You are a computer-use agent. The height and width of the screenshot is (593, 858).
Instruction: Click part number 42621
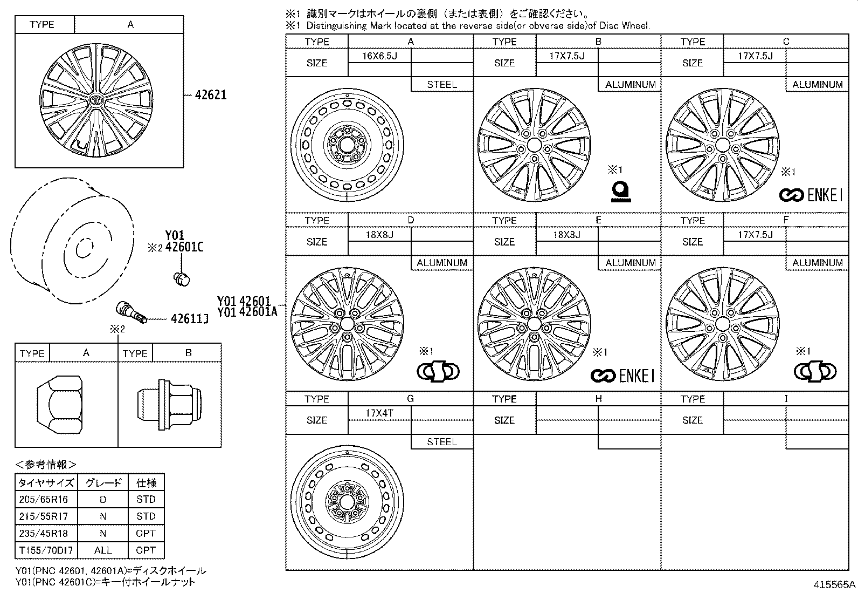211,95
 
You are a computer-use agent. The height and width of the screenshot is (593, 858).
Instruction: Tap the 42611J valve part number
190,319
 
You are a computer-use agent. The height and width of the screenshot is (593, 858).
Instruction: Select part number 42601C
184,247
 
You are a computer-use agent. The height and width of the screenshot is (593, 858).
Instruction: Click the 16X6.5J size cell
379,56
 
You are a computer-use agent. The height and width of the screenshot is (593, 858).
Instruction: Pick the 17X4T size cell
379,413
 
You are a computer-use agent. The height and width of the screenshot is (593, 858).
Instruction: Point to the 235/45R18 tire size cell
43,533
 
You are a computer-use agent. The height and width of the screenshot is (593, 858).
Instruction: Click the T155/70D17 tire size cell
46,550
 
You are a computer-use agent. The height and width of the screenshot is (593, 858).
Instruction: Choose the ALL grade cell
103,550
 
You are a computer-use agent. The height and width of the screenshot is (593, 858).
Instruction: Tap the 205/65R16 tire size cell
43,500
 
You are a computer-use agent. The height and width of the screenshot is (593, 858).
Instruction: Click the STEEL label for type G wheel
442,442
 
